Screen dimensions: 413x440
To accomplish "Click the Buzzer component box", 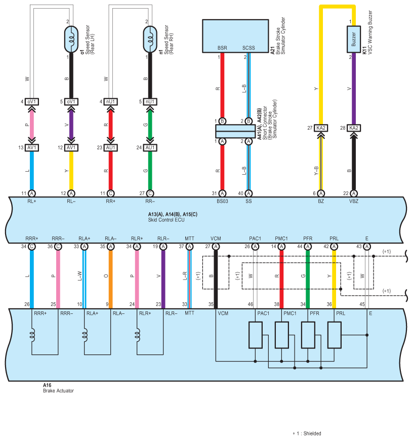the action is (x=353, y=39).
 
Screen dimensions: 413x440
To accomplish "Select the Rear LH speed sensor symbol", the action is (x=71, y=39).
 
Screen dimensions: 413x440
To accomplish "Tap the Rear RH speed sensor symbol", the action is (x=150, y=39).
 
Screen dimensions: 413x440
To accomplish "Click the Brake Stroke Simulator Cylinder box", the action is (x=235, y=36).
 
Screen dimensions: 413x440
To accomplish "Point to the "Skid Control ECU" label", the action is (x=166, y=220).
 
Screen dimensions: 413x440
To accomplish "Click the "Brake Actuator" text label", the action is (x=58, y=390).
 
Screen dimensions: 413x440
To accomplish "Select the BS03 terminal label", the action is (x=222, y=201).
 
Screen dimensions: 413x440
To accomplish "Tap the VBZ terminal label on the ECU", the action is (x=353, y=201).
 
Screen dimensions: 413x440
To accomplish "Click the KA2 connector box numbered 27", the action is (x=321, y=128).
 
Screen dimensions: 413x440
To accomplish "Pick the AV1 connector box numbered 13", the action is (x=32, y=148).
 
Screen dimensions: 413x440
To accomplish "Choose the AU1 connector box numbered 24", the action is (x=150, y=148).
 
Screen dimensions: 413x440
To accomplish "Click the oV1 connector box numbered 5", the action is (x=71, y=102).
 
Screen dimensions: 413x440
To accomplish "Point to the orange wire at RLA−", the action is (x=110, y=279).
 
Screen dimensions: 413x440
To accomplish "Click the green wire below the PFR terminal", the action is (x=308, y=279).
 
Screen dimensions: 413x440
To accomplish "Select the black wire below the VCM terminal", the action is (x=216, y=279).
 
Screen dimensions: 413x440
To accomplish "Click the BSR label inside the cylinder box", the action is (x=222, y=48).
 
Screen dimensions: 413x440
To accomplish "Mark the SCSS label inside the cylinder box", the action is (x=249, y=48).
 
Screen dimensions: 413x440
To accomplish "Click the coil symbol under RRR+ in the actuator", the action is (x=32, y=335).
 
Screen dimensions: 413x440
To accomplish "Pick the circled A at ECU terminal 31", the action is (x=222, y=193).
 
